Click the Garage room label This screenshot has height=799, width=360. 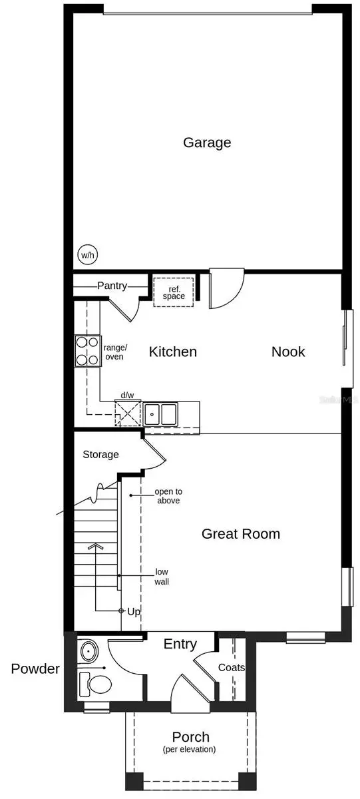coord(207,142)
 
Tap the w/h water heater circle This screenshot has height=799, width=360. coord(87,255)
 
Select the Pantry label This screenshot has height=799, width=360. coord(112,286)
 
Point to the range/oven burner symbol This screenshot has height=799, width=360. coord(87,351)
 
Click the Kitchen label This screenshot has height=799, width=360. coord(172,352)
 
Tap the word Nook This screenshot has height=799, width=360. coord(288,352)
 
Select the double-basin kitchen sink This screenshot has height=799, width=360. coord(160,413)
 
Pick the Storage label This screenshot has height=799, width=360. coord(100,455)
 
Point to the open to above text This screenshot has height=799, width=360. coord(168,496)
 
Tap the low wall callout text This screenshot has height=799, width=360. coord(162,577)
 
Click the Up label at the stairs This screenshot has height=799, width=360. coord(134,611)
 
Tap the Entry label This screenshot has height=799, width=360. coord(180,644)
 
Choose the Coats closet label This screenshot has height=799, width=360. coord(232,667)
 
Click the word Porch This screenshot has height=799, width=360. coord(191,737)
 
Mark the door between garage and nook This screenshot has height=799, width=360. coord(226,291)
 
